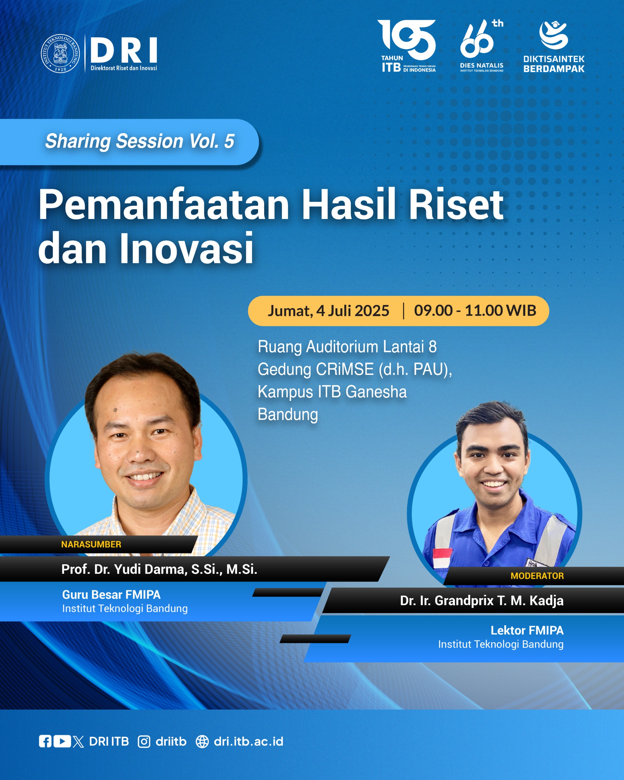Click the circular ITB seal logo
tap(60, 54)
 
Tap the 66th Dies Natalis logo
tap(481, 46)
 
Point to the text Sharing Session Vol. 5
tap(140, 141)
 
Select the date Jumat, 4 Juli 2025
tap(328, 311)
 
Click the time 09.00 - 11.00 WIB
tap(475, 310)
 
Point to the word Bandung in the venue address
tap(288, 415)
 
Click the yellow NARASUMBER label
tap(91, 544)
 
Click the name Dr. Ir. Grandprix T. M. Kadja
tap(482, 601)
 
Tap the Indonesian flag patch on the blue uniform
tap(442, 558)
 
